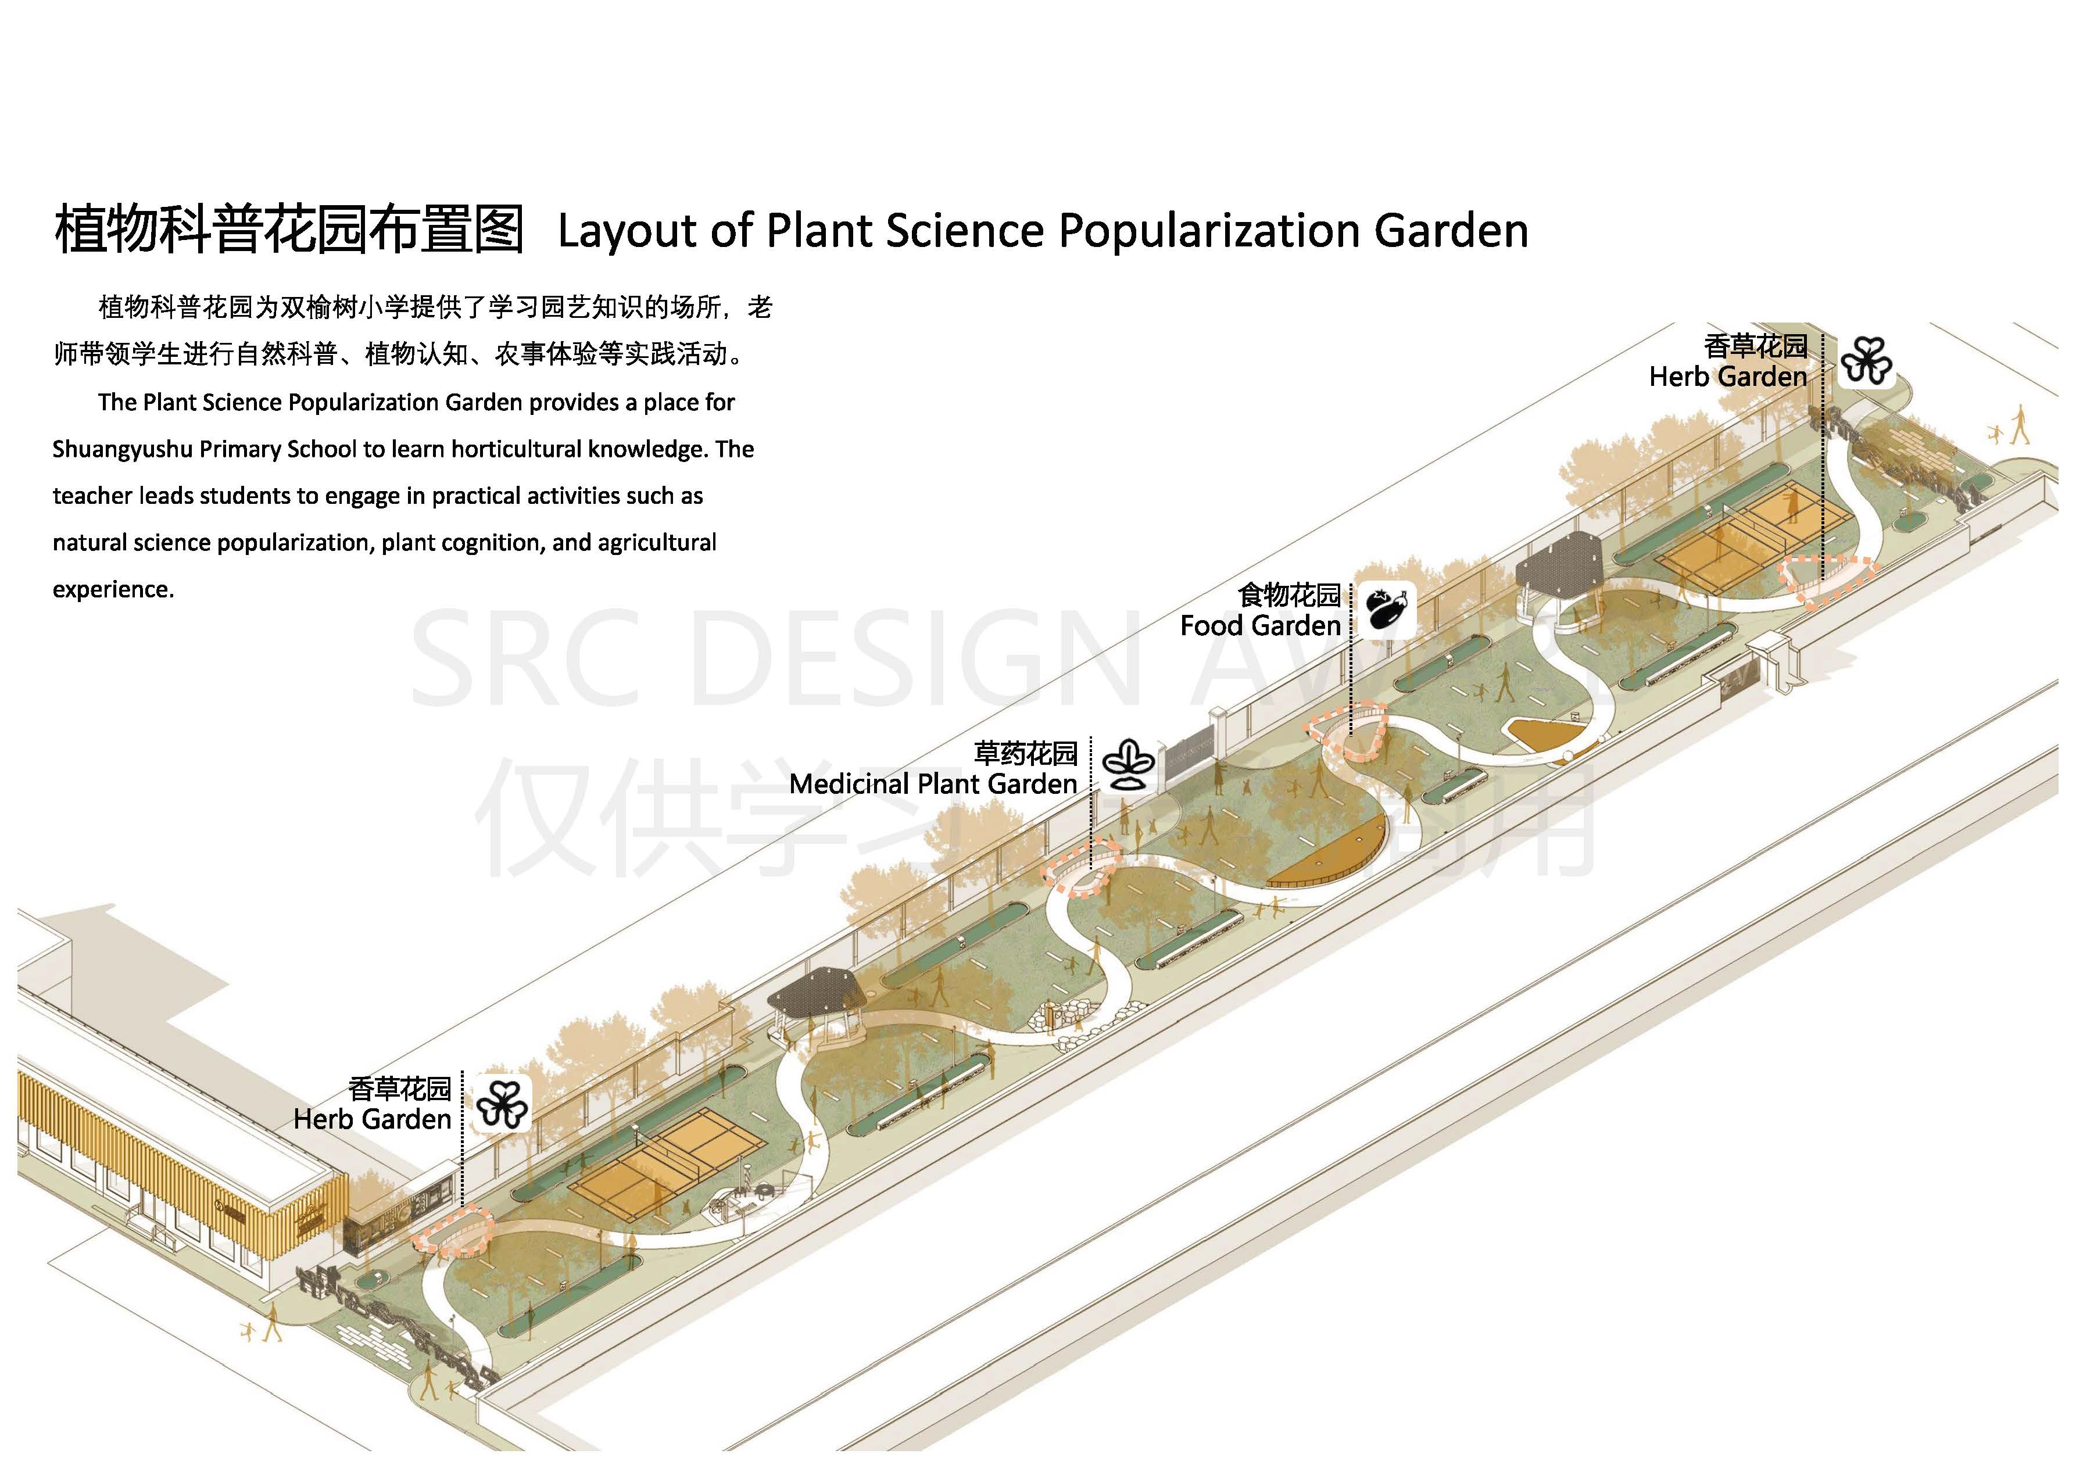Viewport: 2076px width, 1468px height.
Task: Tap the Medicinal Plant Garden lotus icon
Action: [x=1126, y=765]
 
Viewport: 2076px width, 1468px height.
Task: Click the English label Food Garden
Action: [x=1259, y=625]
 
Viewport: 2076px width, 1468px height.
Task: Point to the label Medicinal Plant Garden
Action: [x=933, y=784]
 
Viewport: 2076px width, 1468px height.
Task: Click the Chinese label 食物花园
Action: [x=1288, y=595]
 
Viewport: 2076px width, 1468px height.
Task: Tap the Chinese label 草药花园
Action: [x=1025, y=753]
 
